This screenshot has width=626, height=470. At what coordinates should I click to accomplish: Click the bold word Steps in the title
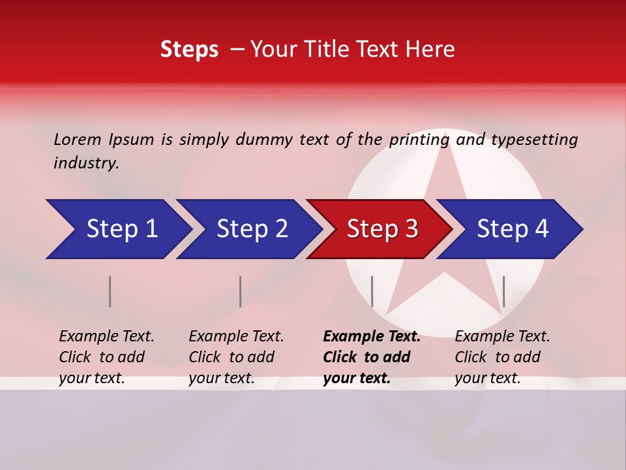[x=189, y=50]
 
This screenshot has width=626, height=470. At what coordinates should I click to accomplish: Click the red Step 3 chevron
[x=381, y=229]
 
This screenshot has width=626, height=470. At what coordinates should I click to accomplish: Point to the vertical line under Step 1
[x=110, y=291]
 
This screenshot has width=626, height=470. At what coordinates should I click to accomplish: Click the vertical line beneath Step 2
[x=240, y=291]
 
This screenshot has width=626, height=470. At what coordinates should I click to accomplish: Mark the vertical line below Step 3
[x=372, y=291]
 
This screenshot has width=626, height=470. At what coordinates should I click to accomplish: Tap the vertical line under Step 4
[x=503, y=291]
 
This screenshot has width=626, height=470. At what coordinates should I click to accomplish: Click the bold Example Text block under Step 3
[x=372, y=357]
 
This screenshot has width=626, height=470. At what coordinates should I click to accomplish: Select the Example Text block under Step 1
[x=106, y=357]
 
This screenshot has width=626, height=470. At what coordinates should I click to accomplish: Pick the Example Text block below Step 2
[x=236, y=357]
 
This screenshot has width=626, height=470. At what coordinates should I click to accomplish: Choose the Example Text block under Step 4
[x=502, y=357]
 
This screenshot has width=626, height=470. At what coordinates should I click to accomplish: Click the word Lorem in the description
[x=78, y=139]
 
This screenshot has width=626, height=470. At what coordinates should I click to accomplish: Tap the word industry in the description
[x=86, y=163]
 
